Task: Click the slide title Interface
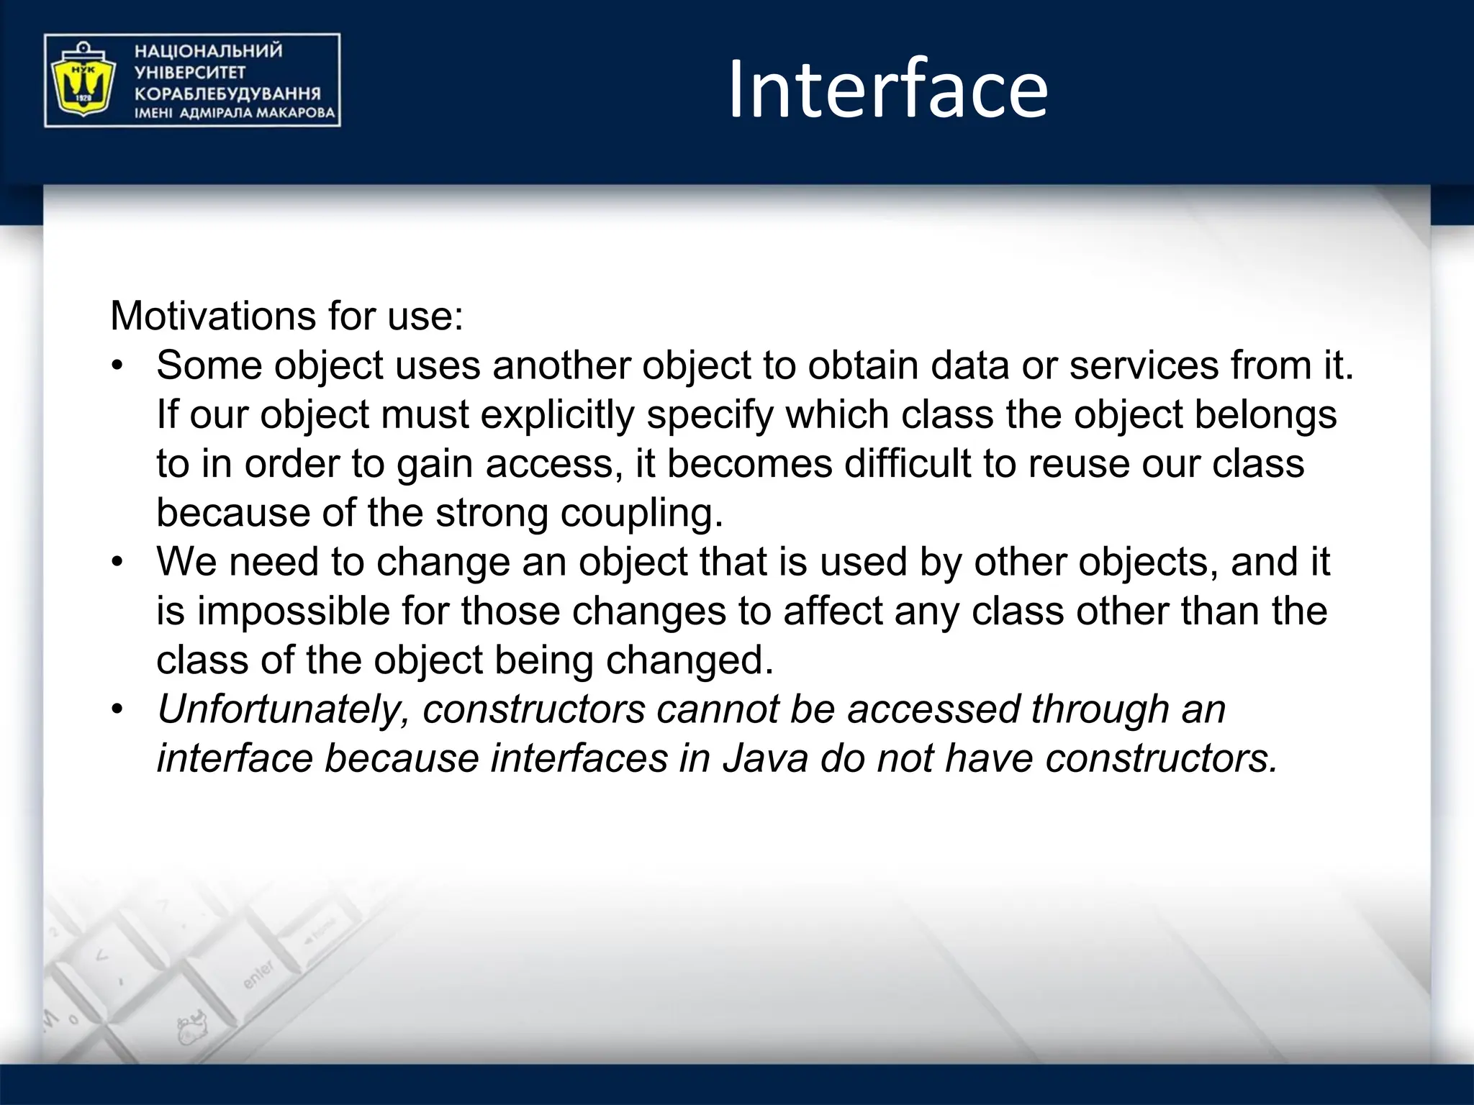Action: tap(887, 90)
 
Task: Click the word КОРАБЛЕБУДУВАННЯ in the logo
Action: tap(227, 94)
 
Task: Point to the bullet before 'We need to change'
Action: tap(118, 562)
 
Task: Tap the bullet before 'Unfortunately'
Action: tap(118, 709)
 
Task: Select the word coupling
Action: tap(641, 513)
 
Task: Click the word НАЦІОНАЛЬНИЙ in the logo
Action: tap(209, 51)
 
